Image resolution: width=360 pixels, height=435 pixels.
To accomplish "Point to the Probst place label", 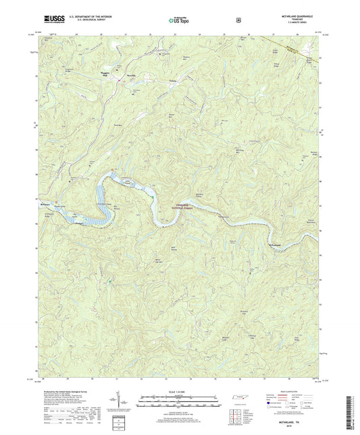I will tap(80, 222).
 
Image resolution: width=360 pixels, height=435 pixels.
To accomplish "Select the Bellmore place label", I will tap(45, 203).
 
